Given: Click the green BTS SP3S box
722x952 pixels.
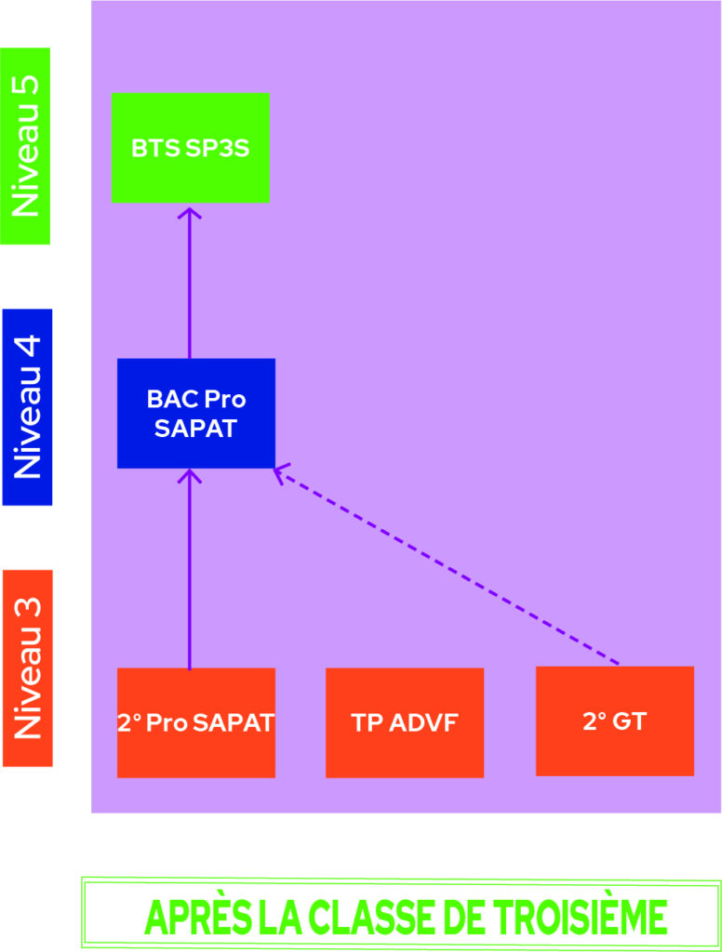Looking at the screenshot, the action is (x=190, y=148).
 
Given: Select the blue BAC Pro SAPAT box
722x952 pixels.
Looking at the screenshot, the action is (x=195, y=414).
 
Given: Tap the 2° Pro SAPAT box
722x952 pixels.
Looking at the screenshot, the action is (x=195, y=722).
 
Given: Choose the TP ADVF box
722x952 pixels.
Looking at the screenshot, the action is (x=405, y=722).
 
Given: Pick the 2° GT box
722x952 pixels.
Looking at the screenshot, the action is (x=614, y=721).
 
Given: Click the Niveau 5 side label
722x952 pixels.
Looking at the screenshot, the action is (x=25, y=146).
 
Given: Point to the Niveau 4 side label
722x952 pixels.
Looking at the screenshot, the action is (x=27, y=407).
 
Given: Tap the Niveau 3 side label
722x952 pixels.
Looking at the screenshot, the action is (x=27, y=668).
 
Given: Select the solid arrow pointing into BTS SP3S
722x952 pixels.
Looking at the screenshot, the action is (x=190, y=283).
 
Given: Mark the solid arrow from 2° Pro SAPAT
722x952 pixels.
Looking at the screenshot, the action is (x=190, y=570).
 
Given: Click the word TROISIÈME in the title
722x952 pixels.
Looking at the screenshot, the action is (x=580, y=917).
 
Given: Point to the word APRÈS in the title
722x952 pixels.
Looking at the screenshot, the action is (x=197, y=917).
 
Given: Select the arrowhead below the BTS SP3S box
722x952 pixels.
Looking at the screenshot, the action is (x=190, y=213).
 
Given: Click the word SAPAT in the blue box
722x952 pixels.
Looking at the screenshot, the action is (x=195, y=429).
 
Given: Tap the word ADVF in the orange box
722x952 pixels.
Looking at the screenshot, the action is (x=423, y=722).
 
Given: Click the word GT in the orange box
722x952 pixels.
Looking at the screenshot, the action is (x=629, y=721).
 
